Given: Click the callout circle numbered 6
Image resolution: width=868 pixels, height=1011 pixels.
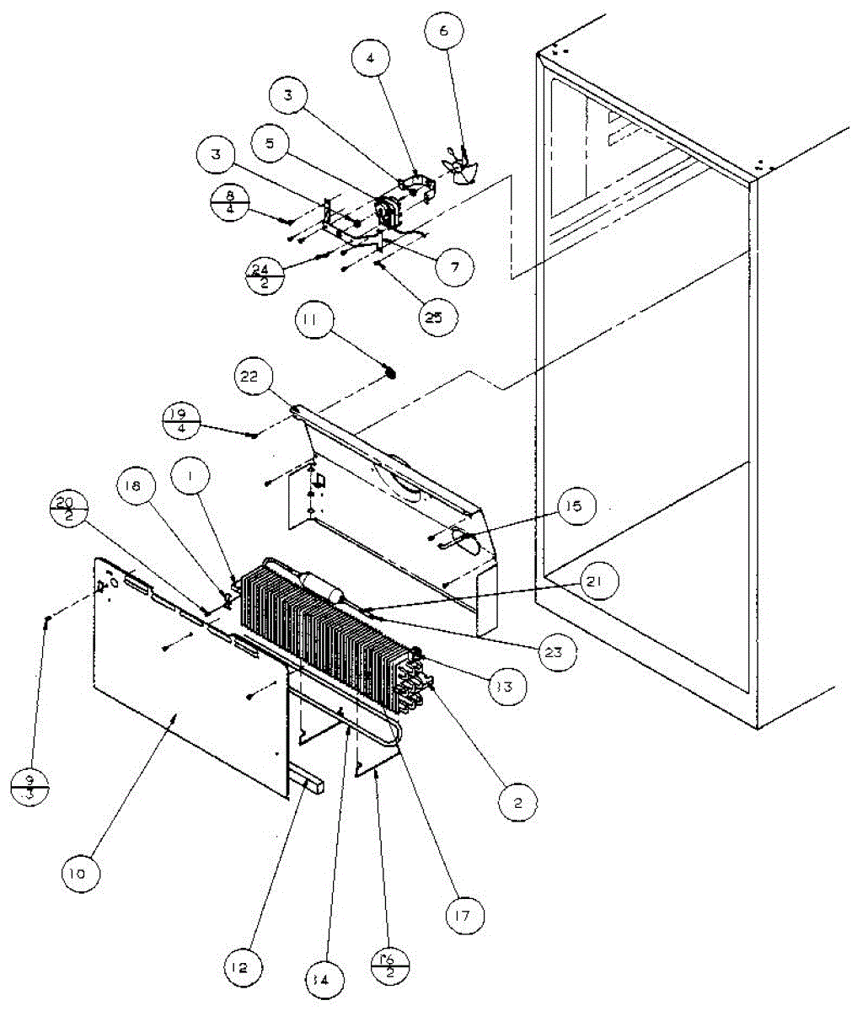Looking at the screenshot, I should coord(443,33).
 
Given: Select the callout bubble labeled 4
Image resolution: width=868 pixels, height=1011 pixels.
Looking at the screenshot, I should coord(372,60).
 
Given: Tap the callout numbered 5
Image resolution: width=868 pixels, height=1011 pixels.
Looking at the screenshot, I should coord(269,143).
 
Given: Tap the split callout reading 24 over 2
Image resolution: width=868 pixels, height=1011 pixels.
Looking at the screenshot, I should coord(265,275).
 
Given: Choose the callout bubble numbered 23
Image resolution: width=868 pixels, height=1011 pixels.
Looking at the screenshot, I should coord(559,651).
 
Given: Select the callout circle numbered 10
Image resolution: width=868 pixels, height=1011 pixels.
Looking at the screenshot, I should coord(78,874).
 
